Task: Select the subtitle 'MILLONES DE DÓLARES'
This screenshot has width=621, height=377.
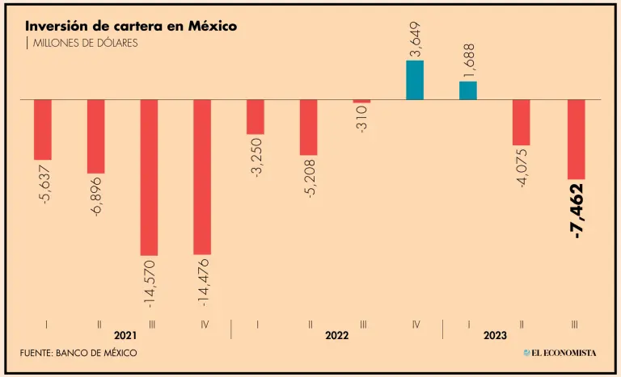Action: pos(83,43)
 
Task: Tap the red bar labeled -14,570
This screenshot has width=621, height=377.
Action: pos(149,178)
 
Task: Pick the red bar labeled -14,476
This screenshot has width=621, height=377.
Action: pos(202,177)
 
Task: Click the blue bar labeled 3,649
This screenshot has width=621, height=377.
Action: pos(415,80)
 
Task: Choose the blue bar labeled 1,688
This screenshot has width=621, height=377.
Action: pos(468,90)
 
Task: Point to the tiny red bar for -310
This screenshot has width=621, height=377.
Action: pos(361,102)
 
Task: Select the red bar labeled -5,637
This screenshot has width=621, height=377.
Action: pos(43,130)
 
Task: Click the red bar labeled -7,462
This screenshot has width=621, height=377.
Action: pos(576,139)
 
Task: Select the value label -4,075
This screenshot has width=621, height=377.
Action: pos(522,168)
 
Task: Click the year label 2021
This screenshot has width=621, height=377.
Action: pos(125,334)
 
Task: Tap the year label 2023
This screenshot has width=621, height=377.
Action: pos(495,334)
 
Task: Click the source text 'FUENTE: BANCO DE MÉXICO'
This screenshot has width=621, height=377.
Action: pos(78,353)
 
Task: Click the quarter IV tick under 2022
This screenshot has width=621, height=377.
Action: pos(416,324)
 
